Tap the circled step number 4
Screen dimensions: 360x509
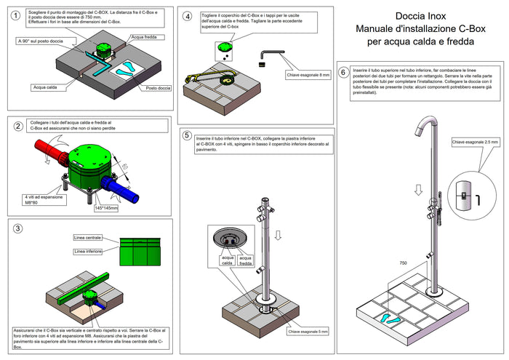(x=188, y=16)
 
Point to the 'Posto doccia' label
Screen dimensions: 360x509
(x=159, y=88)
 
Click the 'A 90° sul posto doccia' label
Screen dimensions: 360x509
(x=40, y=41)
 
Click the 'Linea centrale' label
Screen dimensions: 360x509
(x=89, y=237)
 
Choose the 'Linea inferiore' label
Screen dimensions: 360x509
(x=89, y=252)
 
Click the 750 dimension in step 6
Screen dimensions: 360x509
(x=403, y=263)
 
